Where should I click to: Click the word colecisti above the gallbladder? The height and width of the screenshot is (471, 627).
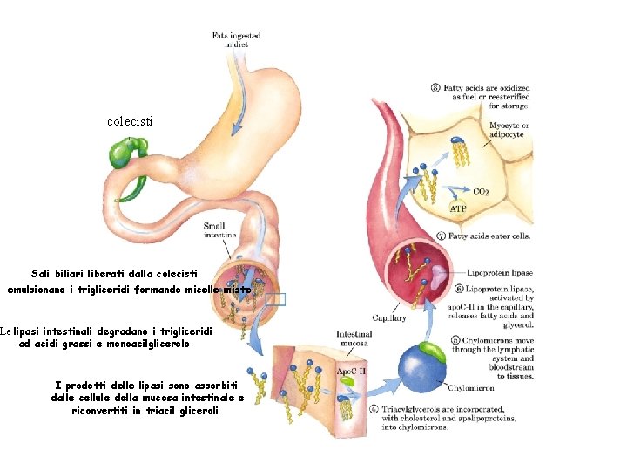(x=130, y=121)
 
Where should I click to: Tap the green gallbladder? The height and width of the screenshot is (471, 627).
(x=121, y=154)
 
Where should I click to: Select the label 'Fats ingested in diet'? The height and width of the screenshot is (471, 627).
(x=237, y=39)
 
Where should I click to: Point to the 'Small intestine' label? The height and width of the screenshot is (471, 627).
(x=219, y=230)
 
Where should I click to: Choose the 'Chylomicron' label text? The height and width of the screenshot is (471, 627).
(x=471, y=382)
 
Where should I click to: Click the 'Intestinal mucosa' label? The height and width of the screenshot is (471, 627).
(x=354, y=338)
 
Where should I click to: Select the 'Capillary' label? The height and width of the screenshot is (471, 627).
(x=388, y=318)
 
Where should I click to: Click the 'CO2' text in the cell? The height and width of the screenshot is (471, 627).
(x=481, y=191)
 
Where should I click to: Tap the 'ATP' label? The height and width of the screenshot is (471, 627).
(x=458, y=209)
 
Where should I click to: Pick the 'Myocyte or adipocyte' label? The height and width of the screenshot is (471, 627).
(x=509, y=130)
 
